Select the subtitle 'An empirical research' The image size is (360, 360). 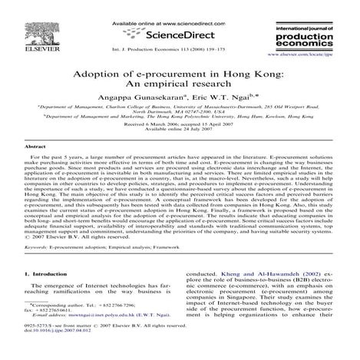pyautogui.click(x=180, y=89)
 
